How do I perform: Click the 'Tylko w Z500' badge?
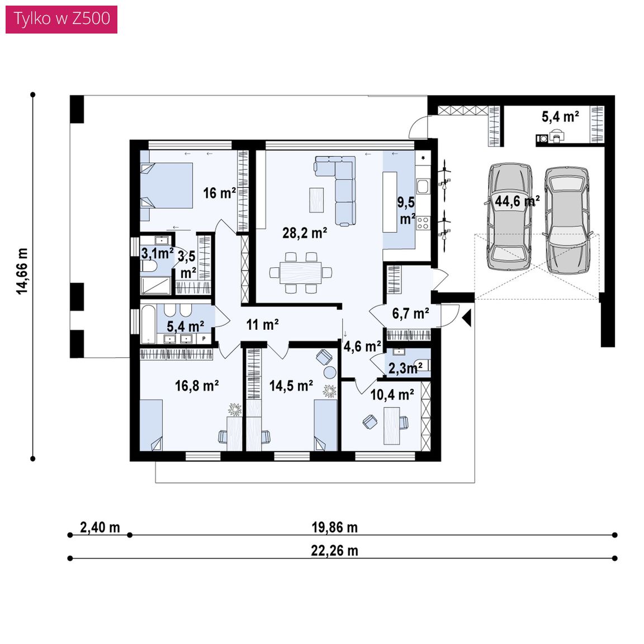click(61, 19)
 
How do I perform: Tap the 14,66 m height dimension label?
click(22, 271)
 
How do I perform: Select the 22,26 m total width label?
click(334, 551)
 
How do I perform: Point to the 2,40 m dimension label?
click(100, 527)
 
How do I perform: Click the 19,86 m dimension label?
click(334, 527)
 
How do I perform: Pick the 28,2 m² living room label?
click(304, 233)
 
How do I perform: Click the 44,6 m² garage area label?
click(517, 201)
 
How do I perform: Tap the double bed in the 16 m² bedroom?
click(167, 186)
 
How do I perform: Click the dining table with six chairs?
click(301, 272)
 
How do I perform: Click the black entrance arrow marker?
click(466, 318)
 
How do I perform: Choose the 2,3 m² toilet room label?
click(405, 368)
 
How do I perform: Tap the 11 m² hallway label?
click(262, 324)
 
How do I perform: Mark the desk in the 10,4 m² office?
click(392, 425)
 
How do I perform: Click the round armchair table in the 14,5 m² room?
click(330, 372)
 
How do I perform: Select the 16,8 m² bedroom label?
click(197, 386)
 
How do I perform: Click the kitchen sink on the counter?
click(422, 187)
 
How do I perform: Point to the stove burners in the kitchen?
click(423, 223)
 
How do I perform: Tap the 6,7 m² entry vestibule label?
click(410, 314)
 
